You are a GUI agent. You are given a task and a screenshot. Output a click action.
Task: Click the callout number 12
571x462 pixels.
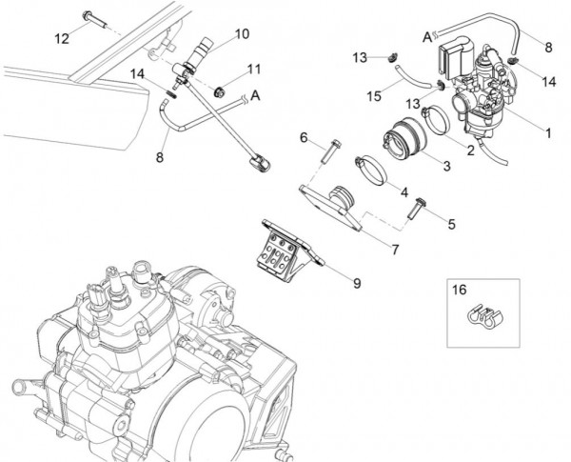pos(62,39)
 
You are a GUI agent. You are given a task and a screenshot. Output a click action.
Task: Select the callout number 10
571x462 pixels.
pos(242,33)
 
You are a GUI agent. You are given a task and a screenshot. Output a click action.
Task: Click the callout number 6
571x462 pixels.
pos(304,138)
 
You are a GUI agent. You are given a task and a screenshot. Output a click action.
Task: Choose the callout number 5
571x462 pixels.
pos(451,226)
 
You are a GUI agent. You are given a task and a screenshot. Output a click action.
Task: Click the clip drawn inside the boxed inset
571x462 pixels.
pos(482,320)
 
